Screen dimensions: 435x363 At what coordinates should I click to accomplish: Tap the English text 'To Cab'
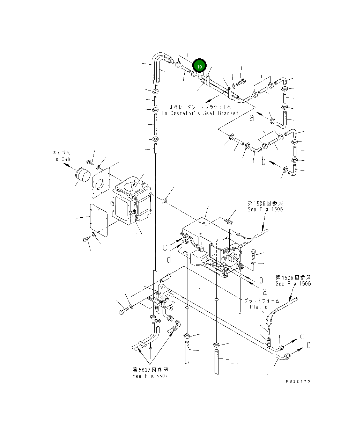point(61,159)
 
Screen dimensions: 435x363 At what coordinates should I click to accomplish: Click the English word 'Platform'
point(262,307)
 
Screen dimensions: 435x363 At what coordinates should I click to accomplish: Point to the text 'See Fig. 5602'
point(150,376)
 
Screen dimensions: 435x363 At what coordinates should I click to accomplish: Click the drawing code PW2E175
point(297,381)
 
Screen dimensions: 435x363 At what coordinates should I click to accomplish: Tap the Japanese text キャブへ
point(61,153)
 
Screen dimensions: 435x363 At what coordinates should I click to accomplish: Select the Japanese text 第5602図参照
point(150,369)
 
